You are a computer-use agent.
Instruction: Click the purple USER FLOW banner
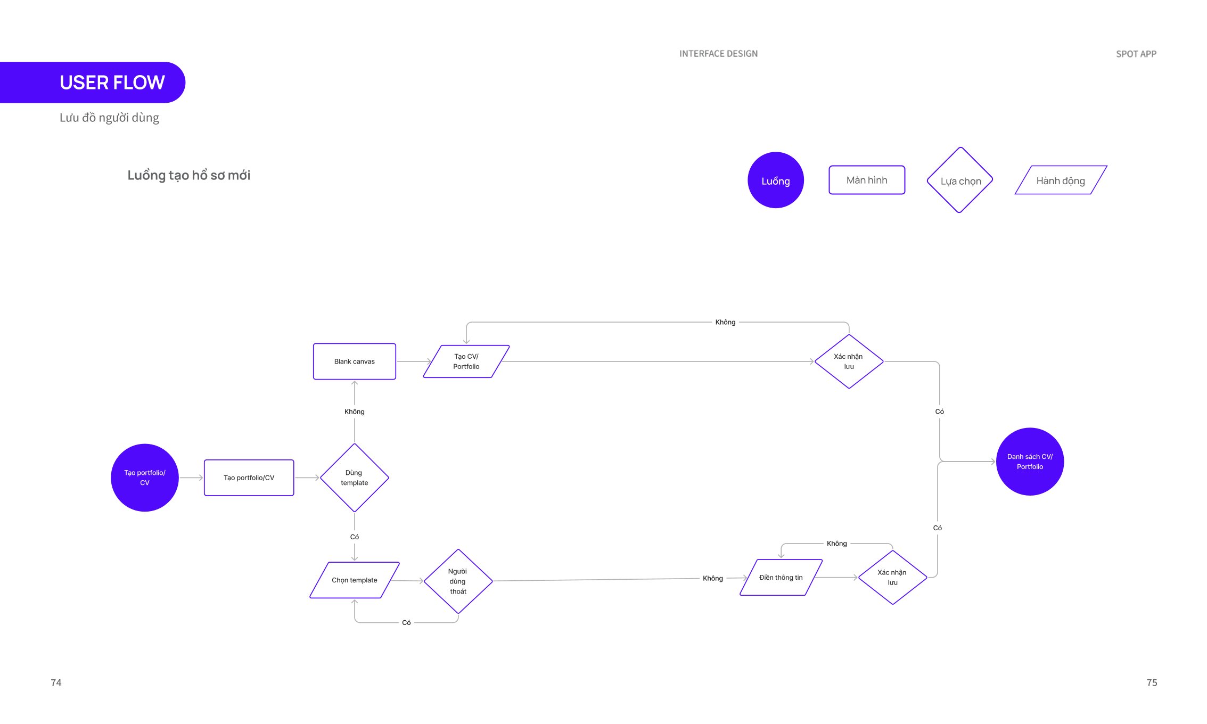[x=93, y=83]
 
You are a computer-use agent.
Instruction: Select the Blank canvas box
[x=355, y=361]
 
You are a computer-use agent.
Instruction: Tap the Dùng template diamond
[x=355, y=478]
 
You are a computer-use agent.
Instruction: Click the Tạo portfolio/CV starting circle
[x=145, y=478]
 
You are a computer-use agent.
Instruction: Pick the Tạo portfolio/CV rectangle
[x=249, y=478]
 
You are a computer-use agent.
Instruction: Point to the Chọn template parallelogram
[x=355, y=580]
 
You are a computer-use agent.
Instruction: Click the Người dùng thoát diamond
[x=458, y=581]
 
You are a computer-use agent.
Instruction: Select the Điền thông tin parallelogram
[x=781, y=577]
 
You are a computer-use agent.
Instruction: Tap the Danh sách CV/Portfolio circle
[x=1030, y=462]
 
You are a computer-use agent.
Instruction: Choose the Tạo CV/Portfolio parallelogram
[x=466, y=361]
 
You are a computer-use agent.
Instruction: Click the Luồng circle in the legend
[x=776, y=180]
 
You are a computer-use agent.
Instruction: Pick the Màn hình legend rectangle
[x=867, y=180]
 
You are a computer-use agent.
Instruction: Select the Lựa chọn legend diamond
[x=960, y=180]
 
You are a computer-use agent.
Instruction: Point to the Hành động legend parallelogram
[x=1061, y=180]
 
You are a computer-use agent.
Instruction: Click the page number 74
[x=56, y=682]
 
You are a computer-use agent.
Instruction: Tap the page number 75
[x=1152, y=682]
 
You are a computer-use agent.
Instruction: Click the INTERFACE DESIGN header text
[x=718, y=54]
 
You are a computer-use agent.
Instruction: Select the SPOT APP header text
[x=1136, y=54]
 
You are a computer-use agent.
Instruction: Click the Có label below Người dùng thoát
[x=406, y=622]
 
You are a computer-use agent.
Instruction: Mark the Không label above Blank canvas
[x=355, y=412]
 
